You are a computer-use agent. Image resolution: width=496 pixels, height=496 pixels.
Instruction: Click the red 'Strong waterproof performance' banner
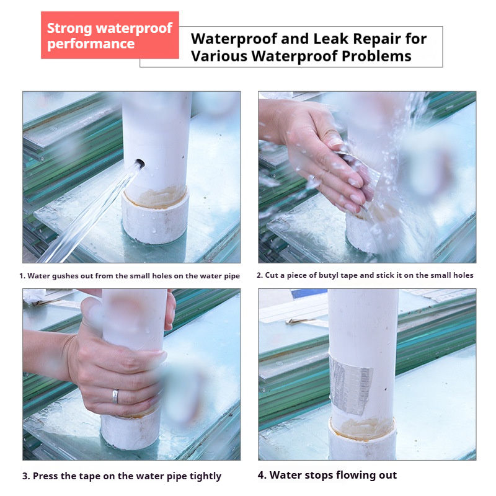coord(110,35)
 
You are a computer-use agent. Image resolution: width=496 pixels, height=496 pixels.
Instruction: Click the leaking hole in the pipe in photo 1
coord(139,164)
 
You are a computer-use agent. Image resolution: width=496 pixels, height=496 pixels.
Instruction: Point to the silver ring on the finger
coord(115,397)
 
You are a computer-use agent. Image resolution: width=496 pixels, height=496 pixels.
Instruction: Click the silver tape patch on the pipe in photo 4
coord(350,383)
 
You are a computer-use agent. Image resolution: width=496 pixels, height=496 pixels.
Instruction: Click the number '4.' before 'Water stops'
coord(262,475)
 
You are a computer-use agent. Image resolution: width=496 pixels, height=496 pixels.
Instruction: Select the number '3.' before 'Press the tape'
coord(26,476)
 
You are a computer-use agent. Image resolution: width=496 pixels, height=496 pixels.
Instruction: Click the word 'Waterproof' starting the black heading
coord(234,39)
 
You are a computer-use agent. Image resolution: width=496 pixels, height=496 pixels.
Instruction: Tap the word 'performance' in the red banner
coord(91,44)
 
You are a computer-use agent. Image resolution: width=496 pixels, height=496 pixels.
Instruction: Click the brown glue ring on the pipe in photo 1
coord(156,197)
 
